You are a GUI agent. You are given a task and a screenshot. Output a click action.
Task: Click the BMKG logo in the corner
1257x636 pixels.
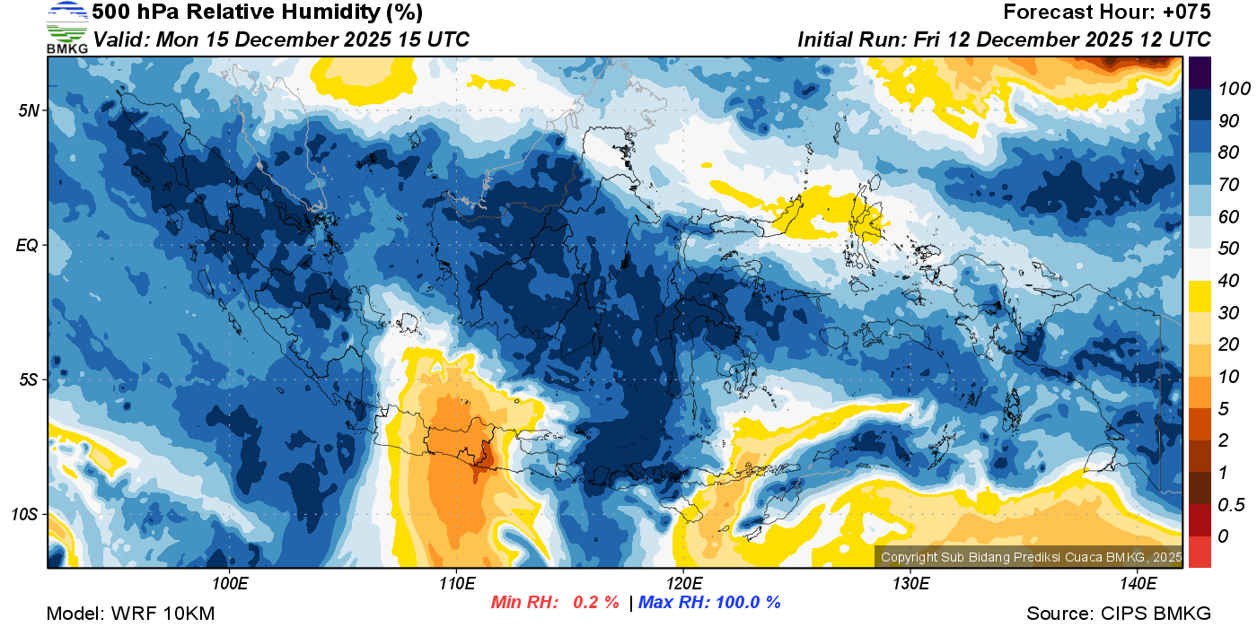(66, 27)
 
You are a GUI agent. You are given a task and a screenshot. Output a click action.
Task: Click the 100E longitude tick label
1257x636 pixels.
(230, 584)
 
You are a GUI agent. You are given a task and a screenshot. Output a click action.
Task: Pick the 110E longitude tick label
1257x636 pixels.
(457, 584)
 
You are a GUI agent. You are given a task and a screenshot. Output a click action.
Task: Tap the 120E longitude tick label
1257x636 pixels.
(684, 584)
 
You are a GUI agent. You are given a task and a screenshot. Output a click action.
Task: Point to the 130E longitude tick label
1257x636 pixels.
(910, 584)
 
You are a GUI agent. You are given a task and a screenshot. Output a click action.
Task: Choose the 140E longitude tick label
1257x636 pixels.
(1138, 584)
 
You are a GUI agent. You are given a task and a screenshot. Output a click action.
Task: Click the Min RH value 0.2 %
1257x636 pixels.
(595, 602)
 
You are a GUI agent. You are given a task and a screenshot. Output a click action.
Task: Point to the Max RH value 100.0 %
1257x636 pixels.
(743, 602)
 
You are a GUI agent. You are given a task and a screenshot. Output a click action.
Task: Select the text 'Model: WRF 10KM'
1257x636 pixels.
(130, 614)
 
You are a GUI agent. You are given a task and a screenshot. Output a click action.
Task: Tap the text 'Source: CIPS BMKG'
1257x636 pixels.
(1119, 614)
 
